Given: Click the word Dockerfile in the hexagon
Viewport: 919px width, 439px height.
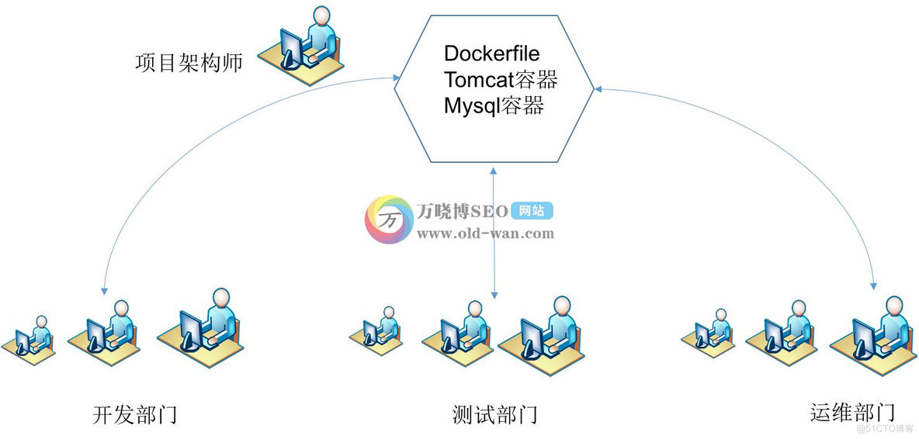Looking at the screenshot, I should pyautogui.click(x=491, y=54).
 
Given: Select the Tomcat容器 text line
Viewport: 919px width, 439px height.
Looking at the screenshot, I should pyautogui.click(x=501, y=80).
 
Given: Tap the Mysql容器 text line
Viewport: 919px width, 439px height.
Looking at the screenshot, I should pyautogui.click(x=494, y=105).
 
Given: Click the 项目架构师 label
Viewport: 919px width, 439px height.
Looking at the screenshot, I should pyautogui.click(x=189, y=63).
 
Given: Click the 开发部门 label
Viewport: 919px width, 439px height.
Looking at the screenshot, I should pyautogui.click(x=134, y=414).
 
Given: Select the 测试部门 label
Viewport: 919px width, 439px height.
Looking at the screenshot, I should pyautogui.click(x=494, y=414).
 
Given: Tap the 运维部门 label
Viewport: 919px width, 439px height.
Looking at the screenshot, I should pyautogui.click(x=852, y=412).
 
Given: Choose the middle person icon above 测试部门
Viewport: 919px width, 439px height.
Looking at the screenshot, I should pyautogui.click(x=463, y=330).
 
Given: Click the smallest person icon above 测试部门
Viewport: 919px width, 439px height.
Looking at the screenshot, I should pyautogui.click(x=380, y=329).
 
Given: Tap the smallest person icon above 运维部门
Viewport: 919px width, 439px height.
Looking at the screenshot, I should pyautogui.click(x=713, y=332).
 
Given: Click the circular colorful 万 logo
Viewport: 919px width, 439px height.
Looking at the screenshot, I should pyautogui.click(x=389, y=219).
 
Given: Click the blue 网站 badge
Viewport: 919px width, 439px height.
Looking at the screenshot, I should pyautogui.click(x=532, y=211).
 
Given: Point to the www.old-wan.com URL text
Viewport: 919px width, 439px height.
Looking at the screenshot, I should pyautogui.click(x=485, y=233).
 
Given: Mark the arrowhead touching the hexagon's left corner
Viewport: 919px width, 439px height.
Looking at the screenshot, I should pyautogui.click(x=397, y=77).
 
